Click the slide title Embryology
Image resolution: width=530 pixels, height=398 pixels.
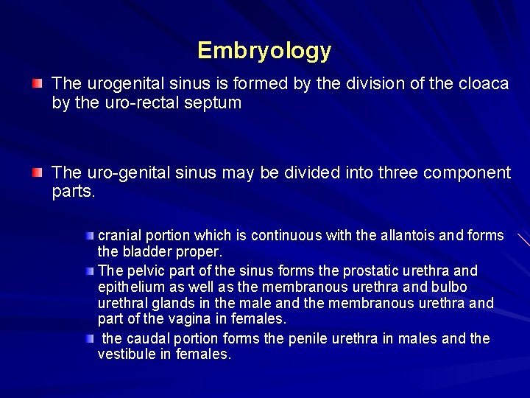tap(264, 51)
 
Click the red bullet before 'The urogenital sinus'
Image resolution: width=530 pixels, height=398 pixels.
tap(37, 83)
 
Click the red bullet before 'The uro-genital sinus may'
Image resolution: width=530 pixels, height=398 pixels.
tap(37, 172)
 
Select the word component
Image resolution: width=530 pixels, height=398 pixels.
tap(469, 173)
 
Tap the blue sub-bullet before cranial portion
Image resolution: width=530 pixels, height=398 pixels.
tap(89, 235)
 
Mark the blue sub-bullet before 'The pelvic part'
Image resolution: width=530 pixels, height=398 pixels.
tap(89, 270)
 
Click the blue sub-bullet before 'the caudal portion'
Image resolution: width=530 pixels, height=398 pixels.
tap(89, 338)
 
